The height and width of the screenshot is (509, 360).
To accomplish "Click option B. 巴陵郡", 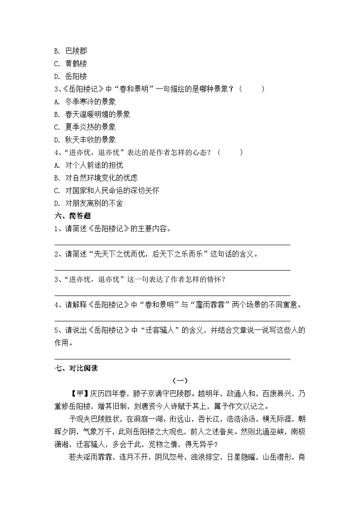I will click(70, 51).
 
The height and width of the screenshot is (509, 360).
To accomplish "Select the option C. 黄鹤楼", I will click(70, 63).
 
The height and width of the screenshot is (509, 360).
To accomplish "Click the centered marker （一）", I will click(180, 381).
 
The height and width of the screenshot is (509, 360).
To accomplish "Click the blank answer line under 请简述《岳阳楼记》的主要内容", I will click(172, 244).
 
